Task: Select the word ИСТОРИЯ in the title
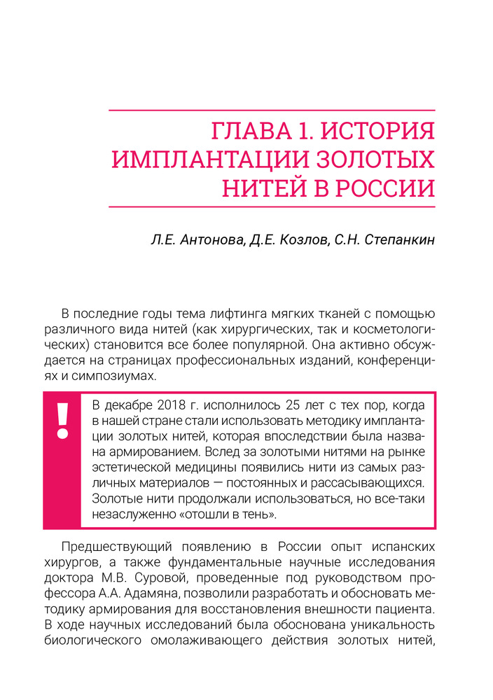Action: pos(379,131)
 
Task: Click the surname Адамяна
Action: pos(147,594)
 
